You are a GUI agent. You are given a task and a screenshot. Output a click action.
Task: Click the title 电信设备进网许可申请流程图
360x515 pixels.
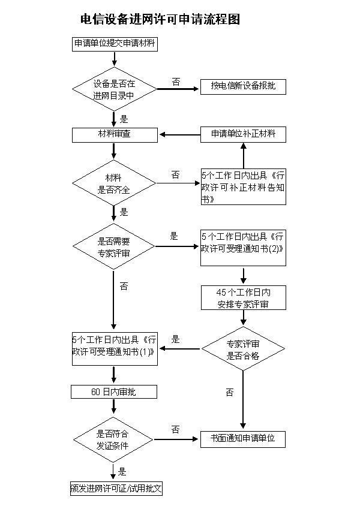160,19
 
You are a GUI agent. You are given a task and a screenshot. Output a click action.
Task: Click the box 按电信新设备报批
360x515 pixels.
243,87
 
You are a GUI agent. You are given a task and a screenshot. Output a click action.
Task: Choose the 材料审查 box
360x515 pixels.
114,134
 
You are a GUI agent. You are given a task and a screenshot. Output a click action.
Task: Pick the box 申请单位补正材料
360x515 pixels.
243,134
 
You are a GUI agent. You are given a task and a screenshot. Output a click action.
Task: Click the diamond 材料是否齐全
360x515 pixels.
114,183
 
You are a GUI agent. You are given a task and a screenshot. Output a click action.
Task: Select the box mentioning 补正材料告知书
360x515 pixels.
243,187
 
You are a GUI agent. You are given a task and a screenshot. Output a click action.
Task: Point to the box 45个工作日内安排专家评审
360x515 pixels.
243,298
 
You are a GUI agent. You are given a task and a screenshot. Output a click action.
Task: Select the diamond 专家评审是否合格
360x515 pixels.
243,349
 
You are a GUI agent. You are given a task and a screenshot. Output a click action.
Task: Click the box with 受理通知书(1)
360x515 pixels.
114,349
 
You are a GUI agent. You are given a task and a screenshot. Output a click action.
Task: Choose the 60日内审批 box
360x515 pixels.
114,392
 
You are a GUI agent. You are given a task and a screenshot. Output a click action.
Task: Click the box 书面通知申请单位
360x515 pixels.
243,439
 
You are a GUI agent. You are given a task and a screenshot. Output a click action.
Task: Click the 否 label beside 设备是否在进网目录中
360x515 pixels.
176,82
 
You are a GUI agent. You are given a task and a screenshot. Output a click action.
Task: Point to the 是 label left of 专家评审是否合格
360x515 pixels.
176,339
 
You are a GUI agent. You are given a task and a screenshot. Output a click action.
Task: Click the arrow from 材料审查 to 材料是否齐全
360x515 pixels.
114,152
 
